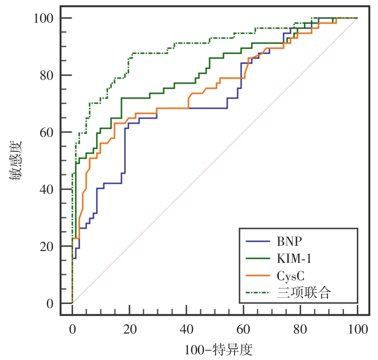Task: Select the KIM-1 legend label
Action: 294,258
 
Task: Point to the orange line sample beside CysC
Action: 258,276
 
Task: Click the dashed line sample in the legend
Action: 258,293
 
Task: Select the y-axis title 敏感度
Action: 15,160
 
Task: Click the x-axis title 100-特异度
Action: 218,350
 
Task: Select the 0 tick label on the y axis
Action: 49,303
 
